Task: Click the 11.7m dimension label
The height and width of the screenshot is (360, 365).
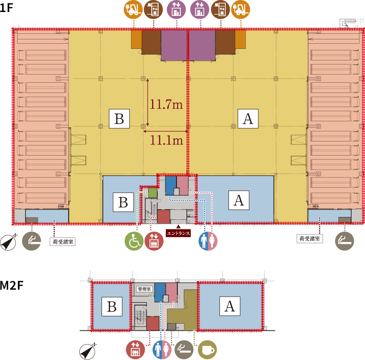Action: (x=166, y=104)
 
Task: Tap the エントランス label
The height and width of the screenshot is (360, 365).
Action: (x=178, y=233)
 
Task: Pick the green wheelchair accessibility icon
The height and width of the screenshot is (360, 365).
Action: (x=134, y=241)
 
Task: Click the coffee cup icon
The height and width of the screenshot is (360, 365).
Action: (x=207, y=350)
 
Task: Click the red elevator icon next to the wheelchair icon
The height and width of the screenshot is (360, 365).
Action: (x=153, y=241)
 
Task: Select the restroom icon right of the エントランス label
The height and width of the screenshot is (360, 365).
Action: (x=208, y=241)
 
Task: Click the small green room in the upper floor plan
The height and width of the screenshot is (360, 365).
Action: (x=153, y=192)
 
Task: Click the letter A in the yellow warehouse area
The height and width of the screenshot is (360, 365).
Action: (x=248, y=119)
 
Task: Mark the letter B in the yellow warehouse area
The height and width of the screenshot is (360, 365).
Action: (x=119, y=119)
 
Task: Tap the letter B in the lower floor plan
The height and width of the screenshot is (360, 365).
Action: (x=111, y=306)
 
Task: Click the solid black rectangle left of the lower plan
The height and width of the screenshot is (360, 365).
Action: (x=14, y=291)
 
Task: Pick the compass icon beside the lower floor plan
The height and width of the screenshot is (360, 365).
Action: (x=87, y=351)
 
